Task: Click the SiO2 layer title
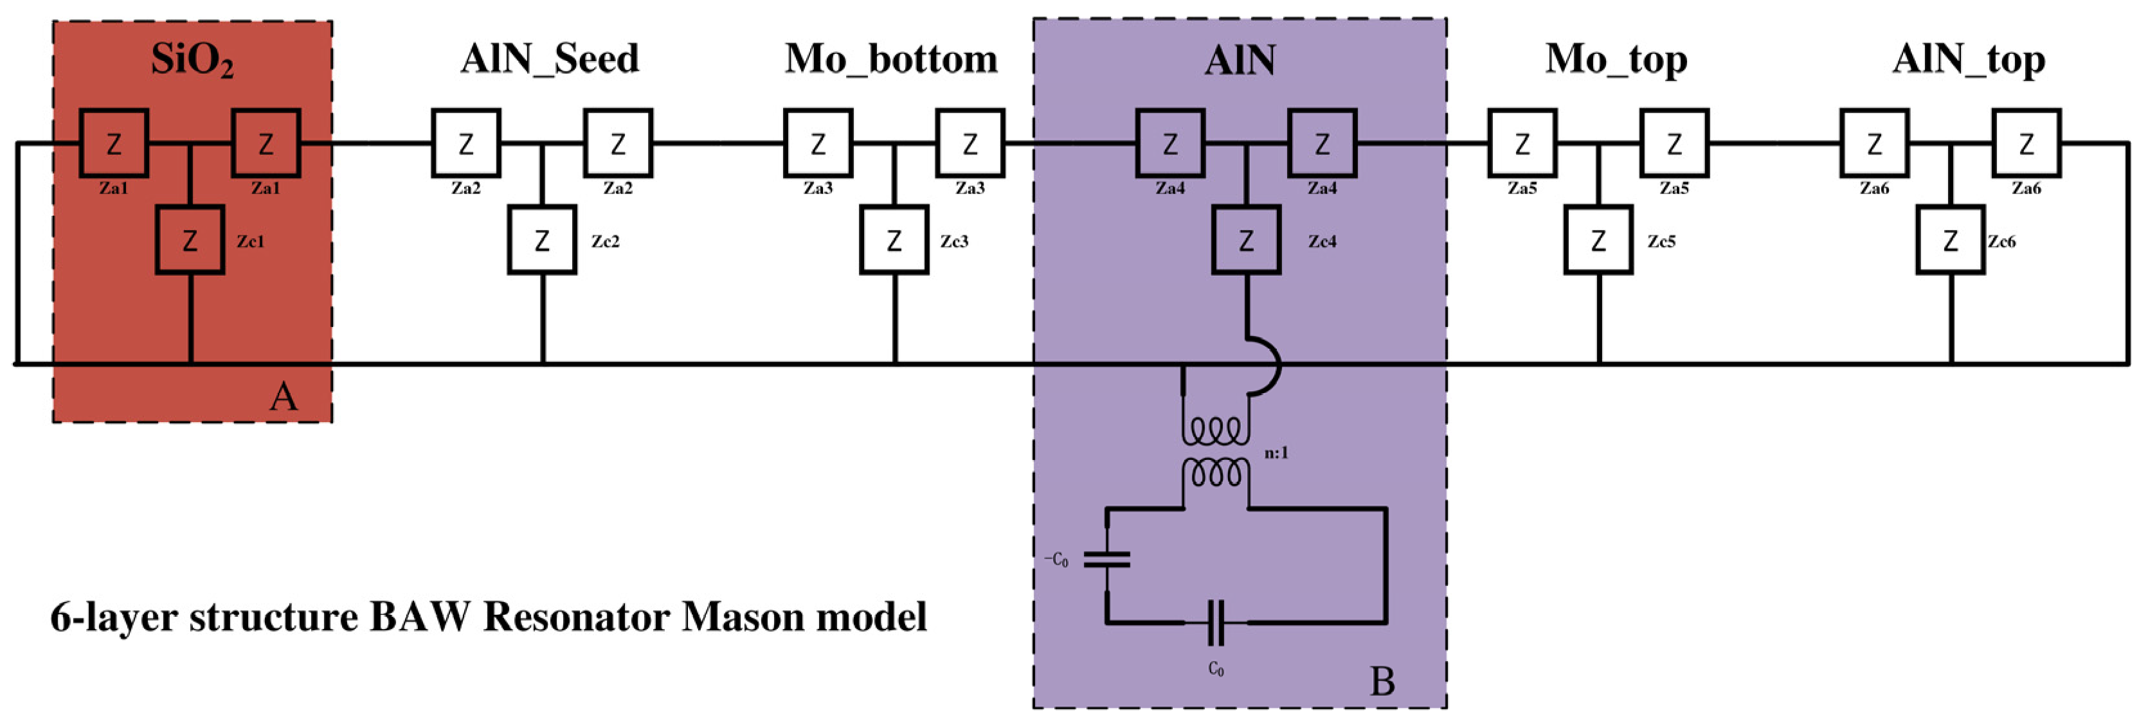pos(192,60)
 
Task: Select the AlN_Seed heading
pos(550,59)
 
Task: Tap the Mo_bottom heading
pos(890,59)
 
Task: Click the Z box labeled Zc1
pos(190,241)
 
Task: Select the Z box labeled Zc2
pos(542,241)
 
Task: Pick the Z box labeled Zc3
pos(894,241)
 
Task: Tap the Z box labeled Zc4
pos(1246,241)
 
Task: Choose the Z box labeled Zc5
pos(1598,241)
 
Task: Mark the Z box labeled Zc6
pos(1949,241)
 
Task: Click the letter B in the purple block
pos(1382,682)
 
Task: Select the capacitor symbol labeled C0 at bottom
pos(1216,623)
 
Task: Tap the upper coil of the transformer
pos(1216,432)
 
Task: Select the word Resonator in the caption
pos(575,617)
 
